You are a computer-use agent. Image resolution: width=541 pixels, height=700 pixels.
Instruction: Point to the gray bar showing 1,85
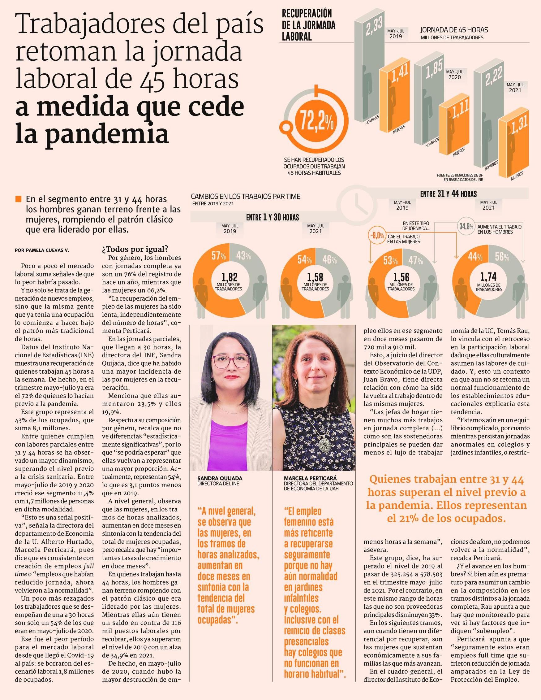pyautogui.click(x=427, y=102)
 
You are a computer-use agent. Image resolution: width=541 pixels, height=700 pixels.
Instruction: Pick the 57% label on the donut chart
pyautogui.click(x=218, y=256)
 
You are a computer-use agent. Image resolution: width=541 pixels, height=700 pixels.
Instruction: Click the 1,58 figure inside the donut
pyautogui.click(x=315, y=276)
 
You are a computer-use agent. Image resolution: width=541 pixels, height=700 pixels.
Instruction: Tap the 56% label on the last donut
pyautogui.click(x=502, y=257)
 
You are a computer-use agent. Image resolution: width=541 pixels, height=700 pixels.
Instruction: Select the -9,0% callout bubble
pyautogui.click(x=377, y=236)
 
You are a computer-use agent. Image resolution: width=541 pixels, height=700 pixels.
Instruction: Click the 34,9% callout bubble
pyautogui.click(x=466, y=226)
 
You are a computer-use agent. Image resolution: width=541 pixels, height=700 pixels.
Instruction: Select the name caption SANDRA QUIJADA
pyautogui.click(x=220, y=479)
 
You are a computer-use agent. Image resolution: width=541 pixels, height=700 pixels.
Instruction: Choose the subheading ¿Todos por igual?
pyautogui.click(x=135, y=249)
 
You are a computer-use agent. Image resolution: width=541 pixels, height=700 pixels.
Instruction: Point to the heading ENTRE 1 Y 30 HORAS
pyautogui.click(x=272, y=218)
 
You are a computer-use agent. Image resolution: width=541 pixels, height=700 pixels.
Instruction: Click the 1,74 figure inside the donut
pyautogui.click(x=488, y=276)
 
